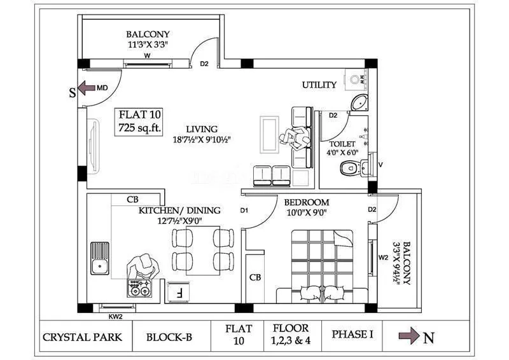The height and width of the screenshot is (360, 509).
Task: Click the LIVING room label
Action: pos(202,129)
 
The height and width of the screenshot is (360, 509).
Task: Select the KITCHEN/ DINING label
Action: pos(180,211)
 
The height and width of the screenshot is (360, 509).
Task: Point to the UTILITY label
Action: pos(319,85)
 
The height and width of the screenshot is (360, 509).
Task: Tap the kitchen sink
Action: pos(100,258)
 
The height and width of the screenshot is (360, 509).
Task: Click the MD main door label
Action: pos(101,88)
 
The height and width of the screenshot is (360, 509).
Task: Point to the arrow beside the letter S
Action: pos(86,88)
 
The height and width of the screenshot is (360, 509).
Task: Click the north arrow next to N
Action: pos(409,336)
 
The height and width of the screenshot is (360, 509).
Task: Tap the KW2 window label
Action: pos(115,315)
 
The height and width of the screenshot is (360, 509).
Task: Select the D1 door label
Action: pos(244,211)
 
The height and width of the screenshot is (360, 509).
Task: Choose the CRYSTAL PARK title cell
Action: pos(82,337)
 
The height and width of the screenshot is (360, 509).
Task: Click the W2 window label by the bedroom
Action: pos(383,258)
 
